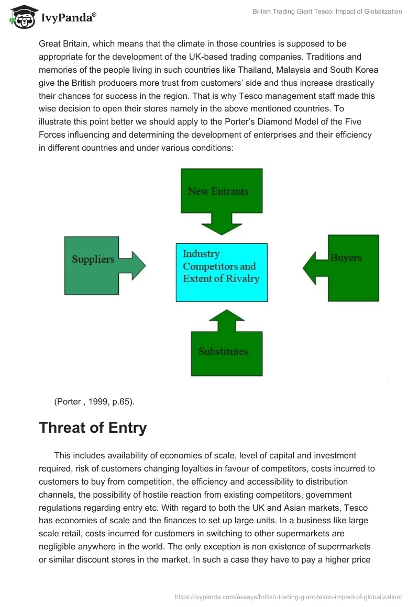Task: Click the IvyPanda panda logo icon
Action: pos(22,17)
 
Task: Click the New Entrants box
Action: pos(221,191)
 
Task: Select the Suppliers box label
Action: pos(93,259)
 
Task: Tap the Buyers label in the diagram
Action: pos(346,257)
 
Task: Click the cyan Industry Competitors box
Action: pos(221,272)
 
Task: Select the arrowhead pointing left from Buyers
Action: pos(312,268)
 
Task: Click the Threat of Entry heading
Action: pos(93,428)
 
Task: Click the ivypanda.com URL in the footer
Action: pos(288,596)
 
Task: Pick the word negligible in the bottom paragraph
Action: pos(62,533)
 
